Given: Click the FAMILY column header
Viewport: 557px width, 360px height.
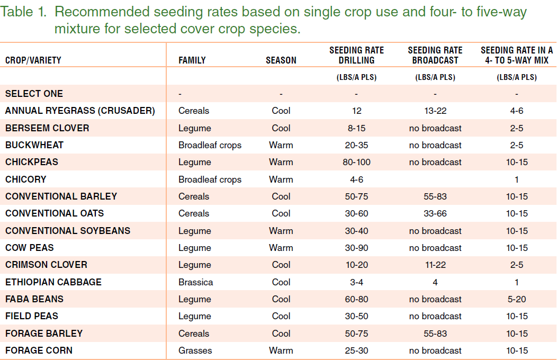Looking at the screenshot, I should [192, 60].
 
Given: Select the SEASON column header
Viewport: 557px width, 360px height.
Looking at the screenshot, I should [281, 60].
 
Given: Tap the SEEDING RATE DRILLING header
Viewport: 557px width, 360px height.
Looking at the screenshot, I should [356, 55].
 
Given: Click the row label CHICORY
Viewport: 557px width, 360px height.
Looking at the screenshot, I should [25, 179].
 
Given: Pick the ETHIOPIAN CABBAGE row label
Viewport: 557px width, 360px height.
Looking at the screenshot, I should [53, 282].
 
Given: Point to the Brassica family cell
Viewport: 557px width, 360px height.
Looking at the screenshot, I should [195, 282].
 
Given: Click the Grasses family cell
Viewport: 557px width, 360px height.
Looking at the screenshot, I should [195, 350].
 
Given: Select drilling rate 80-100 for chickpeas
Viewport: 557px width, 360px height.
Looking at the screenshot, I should [356, 162].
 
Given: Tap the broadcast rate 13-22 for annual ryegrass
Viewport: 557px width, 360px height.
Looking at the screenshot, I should [435, 111].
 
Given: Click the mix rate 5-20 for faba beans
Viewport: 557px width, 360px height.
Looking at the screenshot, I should [516, 299].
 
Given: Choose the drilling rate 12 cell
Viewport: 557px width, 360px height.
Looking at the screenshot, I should [356, 111].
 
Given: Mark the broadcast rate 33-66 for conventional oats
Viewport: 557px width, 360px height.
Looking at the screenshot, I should [435, 213].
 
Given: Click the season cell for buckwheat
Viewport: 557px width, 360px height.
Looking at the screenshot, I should [281, 145].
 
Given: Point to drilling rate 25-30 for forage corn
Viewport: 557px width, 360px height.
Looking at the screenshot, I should [356, 350].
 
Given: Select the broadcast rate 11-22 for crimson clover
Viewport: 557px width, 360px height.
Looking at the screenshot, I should [435, 265].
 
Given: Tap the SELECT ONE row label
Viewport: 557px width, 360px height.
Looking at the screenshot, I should [34, 94].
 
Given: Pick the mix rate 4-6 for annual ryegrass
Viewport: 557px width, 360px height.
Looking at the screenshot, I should [516, 111].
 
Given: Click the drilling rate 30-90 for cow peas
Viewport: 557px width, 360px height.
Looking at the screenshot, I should [356, 248].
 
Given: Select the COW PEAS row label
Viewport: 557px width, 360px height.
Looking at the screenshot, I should [29, 248].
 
